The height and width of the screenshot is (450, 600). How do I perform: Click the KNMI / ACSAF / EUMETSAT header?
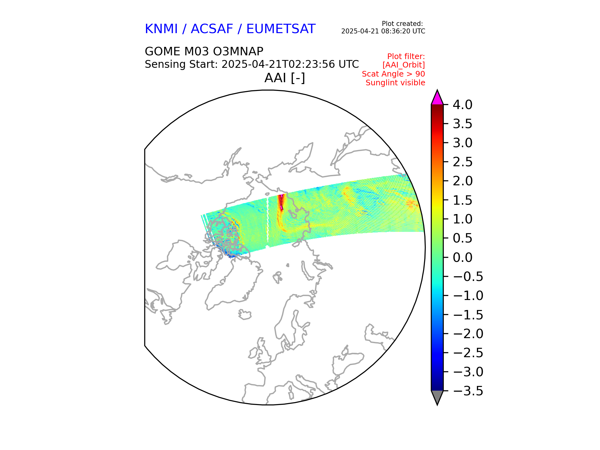coord(230,29)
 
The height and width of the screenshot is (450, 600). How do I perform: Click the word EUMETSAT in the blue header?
coord(281,29)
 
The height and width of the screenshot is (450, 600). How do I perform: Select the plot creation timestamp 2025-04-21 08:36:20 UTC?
coord(383,31)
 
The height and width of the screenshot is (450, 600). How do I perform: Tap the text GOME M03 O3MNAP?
coord(204,51)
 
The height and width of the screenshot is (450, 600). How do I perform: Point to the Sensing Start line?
coord(252,64)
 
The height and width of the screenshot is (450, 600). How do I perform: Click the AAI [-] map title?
coord(284,78)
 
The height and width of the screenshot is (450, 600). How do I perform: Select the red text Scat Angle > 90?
coord(393,74)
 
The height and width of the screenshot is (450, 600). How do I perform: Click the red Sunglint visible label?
coord(395,83)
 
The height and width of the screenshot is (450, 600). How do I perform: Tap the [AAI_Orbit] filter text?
coord(403,65)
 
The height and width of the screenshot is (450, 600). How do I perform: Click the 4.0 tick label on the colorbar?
coord(462,105)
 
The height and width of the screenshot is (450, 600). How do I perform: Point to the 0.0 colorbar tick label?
coord(462,257)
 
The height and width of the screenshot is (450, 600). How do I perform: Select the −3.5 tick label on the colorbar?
coord(468,391)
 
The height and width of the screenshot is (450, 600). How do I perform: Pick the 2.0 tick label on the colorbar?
coord(462,181)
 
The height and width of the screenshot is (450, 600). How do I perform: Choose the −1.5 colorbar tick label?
coord(468,315)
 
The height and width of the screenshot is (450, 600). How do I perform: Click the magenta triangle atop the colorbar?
coord(437,98)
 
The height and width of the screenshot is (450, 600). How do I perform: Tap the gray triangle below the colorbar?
coord(437,397)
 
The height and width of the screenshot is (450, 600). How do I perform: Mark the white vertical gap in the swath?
coord(268,222)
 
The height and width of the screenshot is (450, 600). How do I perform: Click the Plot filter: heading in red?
coord(406,57)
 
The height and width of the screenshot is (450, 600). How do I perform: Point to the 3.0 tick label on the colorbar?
coord(462,143)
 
